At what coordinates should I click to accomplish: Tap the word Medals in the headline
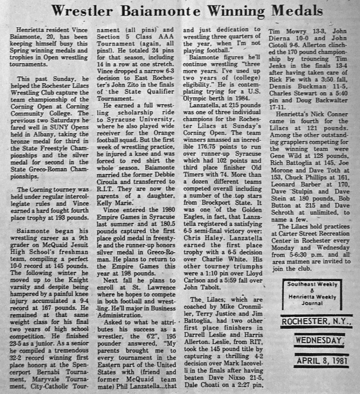[297, 10]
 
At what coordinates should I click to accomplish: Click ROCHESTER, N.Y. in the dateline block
[316, 322]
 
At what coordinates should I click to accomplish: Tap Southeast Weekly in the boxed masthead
[312, 284]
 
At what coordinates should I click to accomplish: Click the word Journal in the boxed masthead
[312, 303]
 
